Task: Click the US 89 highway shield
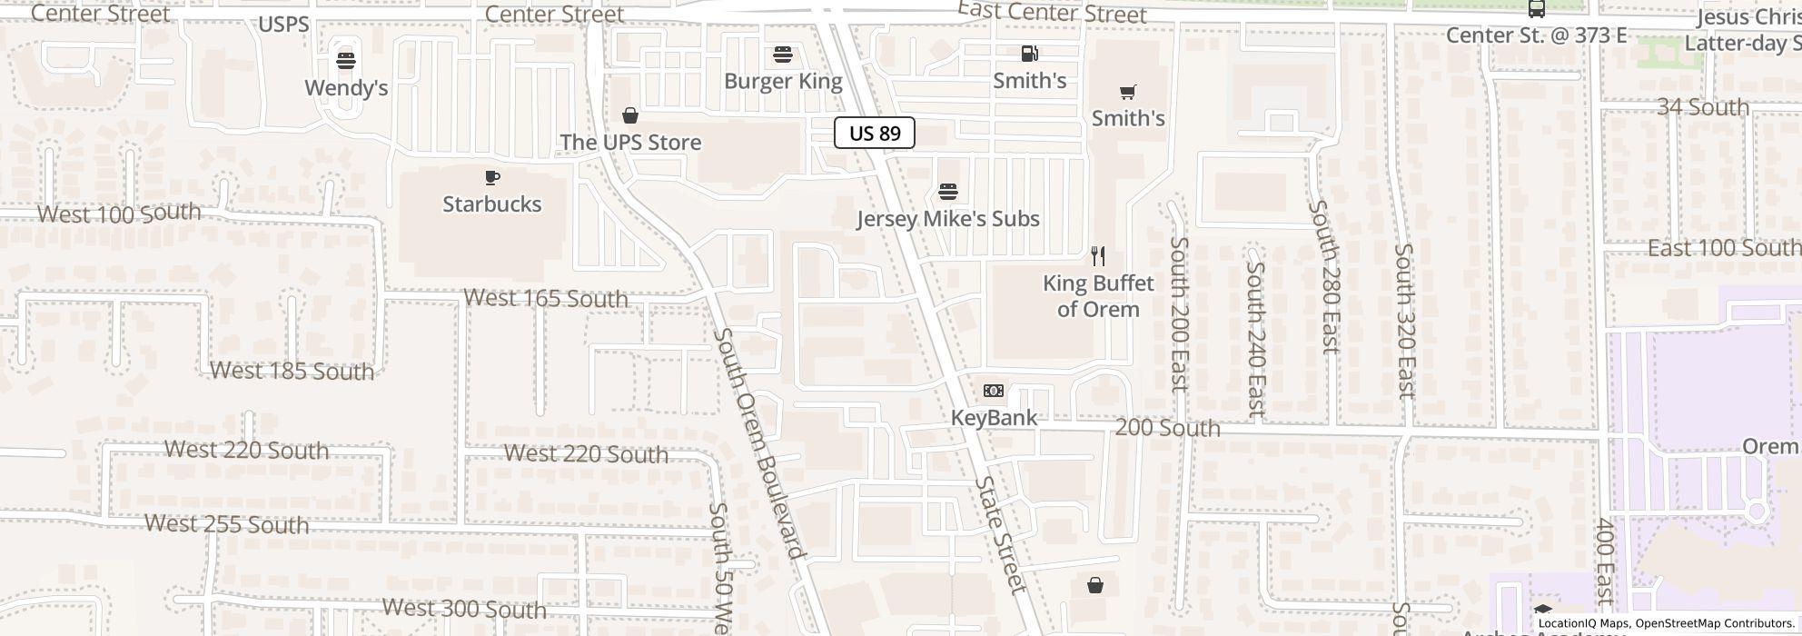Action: click(x=874, y=134)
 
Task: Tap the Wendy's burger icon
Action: click(x=345, y=61)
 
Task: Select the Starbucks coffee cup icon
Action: click(x=492, y=177)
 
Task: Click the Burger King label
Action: click(x=783, y=81)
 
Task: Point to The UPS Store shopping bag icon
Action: click(x=629, y=115)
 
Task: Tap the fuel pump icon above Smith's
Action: click(x=1029, y=54)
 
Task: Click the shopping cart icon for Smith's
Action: click(x=1127, y=92)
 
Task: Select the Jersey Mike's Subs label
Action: click(x=947, y=219)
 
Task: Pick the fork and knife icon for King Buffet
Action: click(x=1098, y=256)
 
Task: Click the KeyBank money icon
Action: click(x=994, y=391)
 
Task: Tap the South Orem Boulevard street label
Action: click(x=759, y=443)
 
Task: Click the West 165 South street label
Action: click(x=545, y=298)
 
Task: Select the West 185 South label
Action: click(x=292, y=371)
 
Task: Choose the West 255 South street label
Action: click(x=226, y=524)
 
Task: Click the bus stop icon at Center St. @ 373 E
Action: click(x=1536, y=9)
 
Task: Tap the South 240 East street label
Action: click(x=1255, y=339)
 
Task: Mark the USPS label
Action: click(x=283, y=25)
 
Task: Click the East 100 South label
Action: click(x=1723, y=248)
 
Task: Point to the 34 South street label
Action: click(x=1702, y=107)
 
